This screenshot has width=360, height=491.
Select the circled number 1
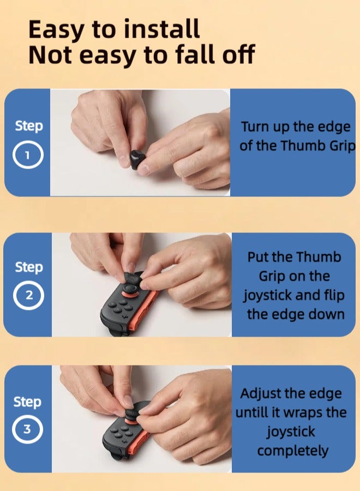tap(27, 157)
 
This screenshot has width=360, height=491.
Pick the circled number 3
tap(27, 429)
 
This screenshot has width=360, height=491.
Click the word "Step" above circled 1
tap(28, 126)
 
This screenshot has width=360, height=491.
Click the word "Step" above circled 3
tap(27, 402)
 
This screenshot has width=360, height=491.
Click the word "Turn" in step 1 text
tap(255, 127)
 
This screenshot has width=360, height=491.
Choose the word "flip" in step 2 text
tap(332, 295)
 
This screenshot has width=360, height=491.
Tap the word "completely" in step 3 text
tap(293, 451)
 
